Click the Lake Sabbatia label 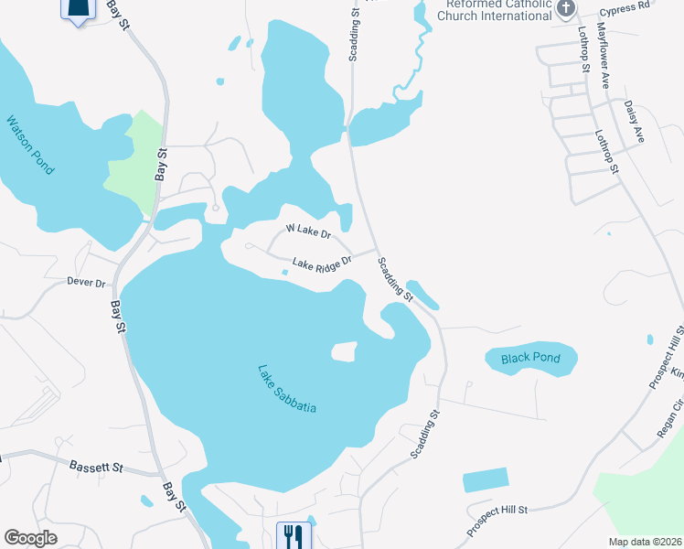pos(286,389)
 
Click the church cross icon pos(566,9)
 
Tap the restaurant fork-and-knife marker pos(293,534)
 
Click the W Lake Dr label pos(307,231)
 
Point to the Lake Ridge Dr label pos(322,264)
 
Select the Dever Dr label pos(86,283)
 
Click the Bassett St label pos(96,467)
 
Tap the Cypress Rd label pos(624,5)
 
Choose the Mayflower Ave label pos(604,56)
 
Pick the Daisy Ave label pos(634,121)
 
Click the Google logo pos(30,538)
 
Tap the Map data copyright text pos(645,542)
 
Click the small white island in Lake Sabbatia pos(343,352)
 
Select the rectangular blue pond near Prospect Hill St pos(485,479)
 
